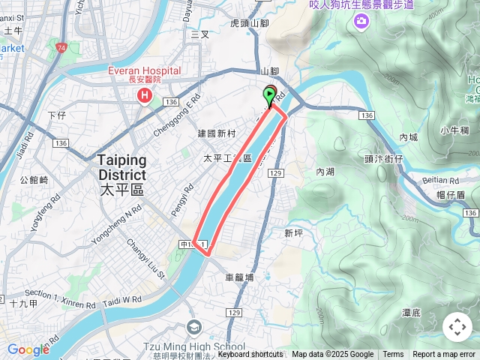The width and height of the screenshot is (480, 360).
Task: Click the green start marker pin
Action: point(270,95)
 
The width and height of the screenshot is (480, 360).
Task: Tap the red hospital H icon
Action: point(142,95)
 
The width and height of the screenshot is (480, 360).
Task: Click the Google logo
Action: point(28,349)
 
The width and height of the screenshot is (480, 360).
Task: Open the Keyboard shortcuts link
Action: point(250,355)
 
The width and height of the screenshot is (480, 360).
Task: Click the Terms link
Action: point(393,355)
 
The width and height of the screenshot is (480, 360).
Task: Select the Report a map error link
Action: point(444,355)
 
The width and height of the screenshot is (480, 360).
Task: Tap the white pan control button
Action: point(457,327)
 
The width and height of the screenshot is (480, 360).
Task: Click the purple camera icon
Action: point(362,20)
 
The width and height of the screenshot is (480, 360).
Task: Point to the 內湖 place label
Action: point(325,172)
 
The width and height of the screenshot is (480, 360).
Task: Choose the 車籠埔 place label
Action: point(239,277)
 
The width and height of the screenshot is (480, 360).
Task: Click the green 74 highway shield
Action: point(60,47)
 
